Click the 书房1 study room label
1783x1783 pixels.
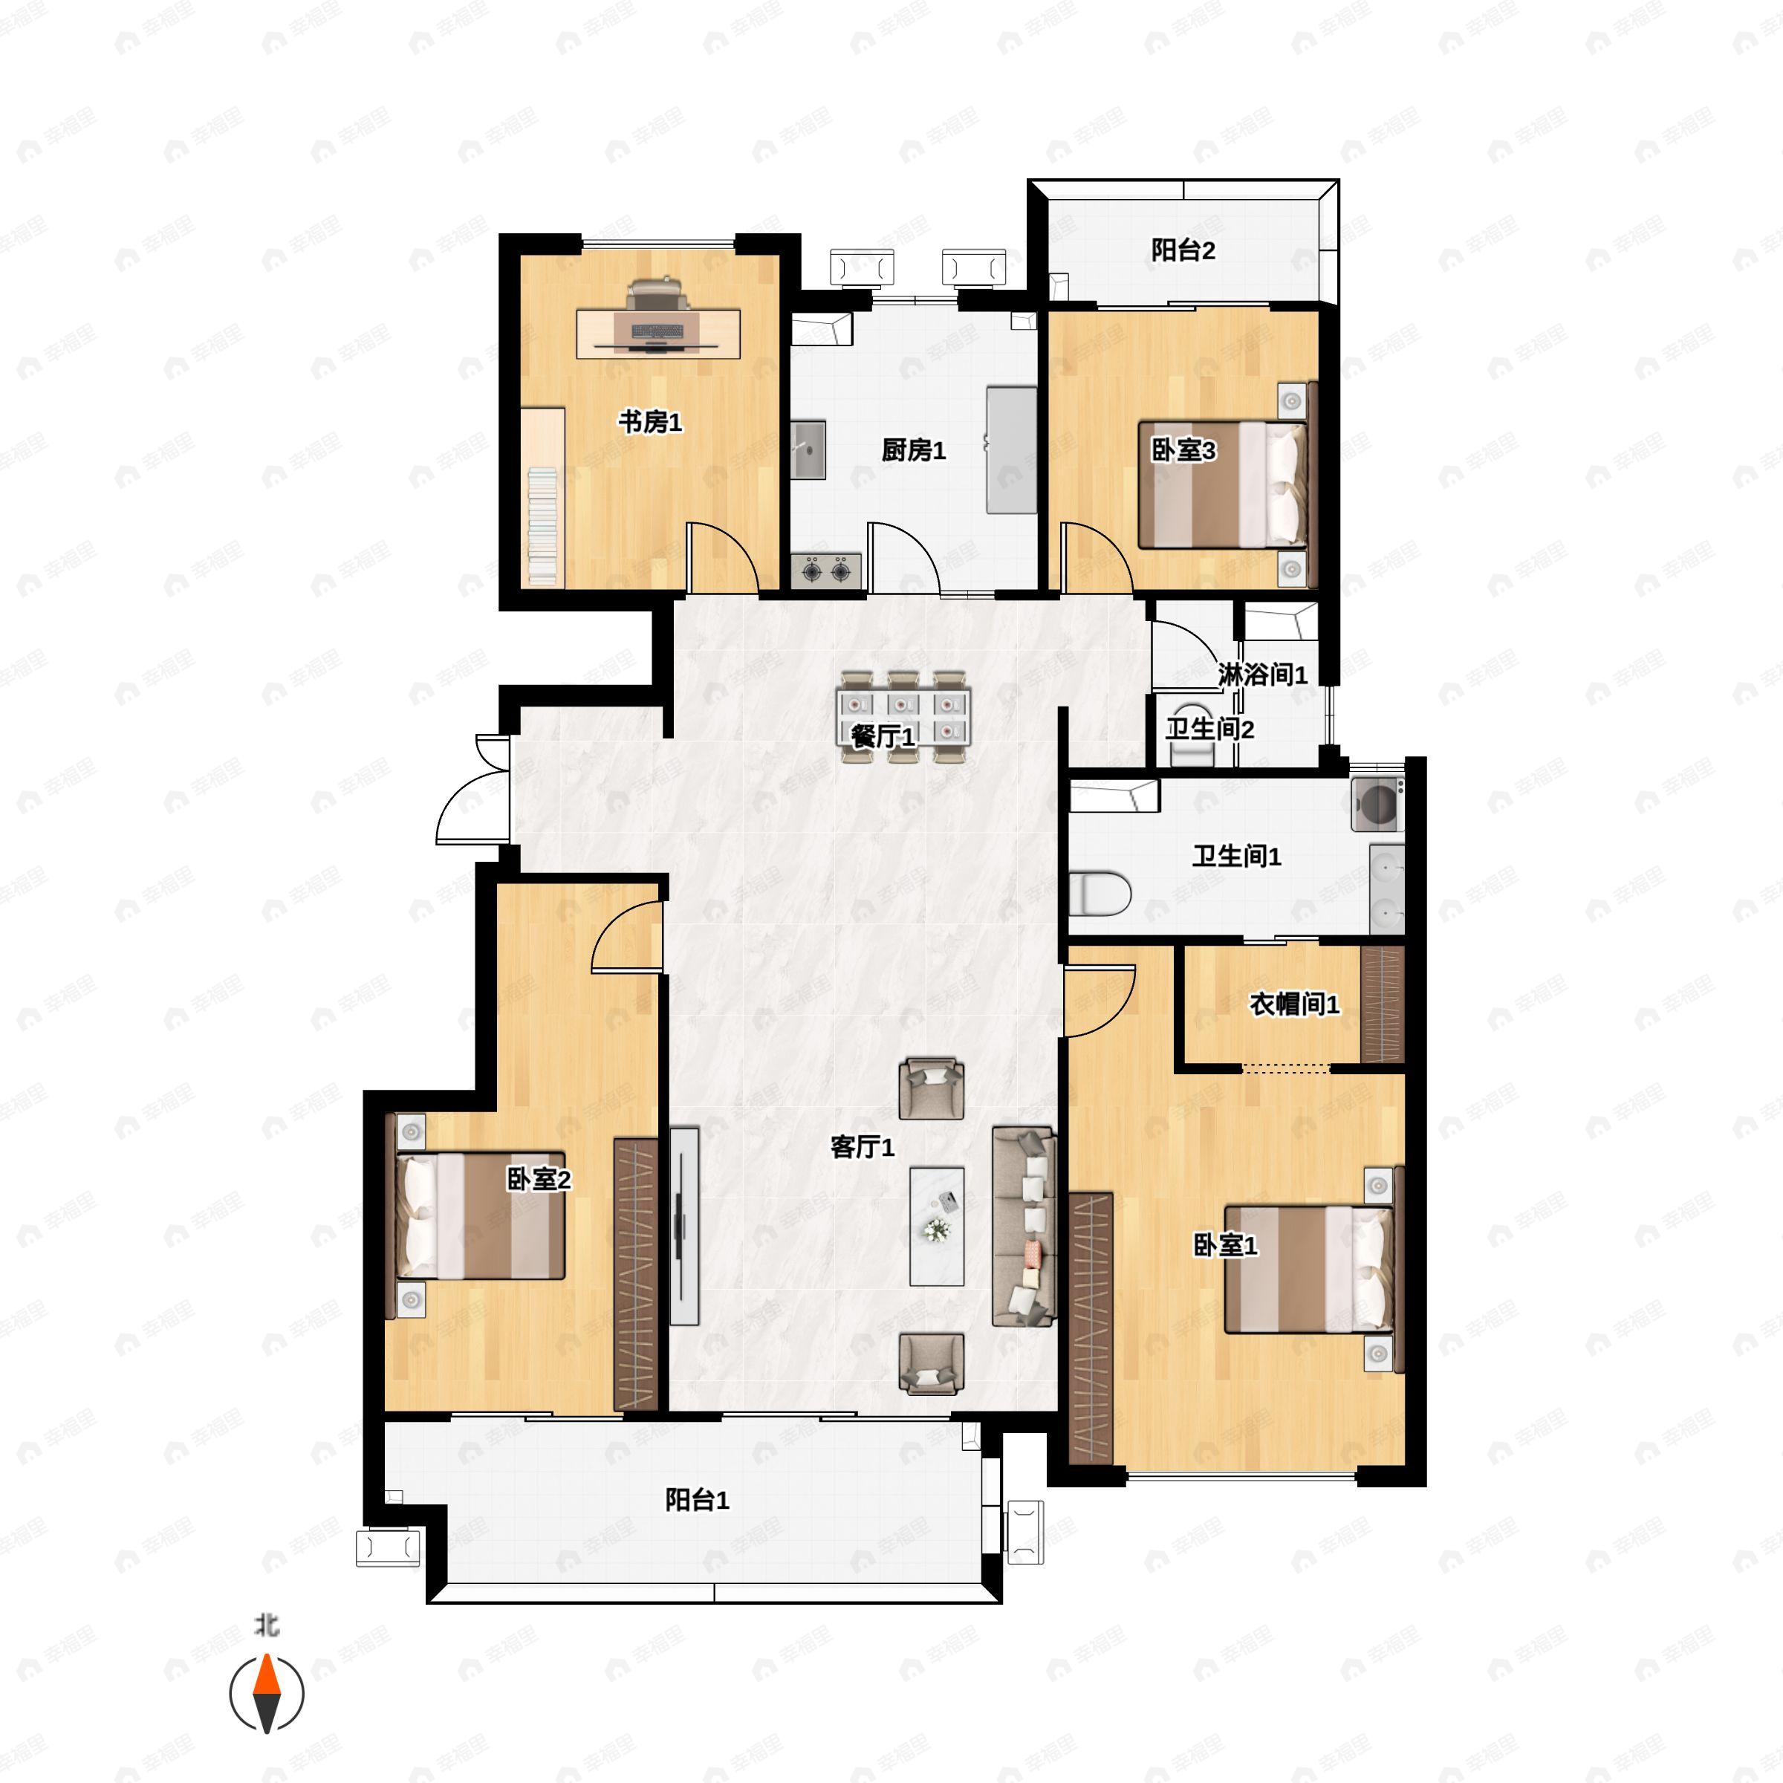650,422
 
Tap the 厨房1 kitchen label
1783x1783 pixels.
914,450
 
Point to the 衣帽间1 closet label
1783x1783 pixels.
1294,1004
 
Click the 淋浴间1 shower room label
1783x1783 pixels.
1262,675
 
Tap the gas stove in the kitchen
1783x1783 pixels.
826,571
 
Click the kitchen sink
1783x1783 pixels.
808,450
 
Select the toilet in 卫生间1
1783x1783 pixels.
1100,893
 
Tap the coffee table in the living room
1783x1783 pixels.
937,1227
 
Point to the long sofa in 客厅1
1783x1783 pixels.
1024,1227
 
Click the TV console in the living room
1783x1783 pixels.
683,1227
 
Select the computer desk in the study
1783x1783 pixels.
658,333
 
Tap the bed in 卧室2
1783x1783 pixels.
480,1215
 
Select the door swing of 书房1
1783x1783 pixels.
724,556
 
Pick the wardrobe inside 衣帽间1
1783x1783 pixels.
1383,1004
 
